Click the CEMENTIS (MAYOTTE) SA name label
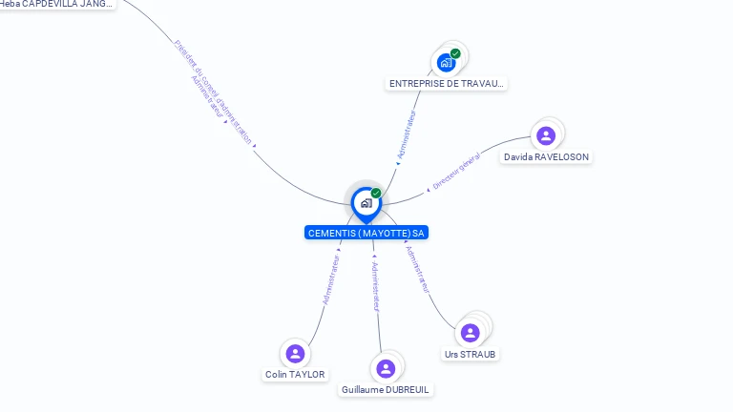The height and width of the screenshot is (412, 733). [366, 233]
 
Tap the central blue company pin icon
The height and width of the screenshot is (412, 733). [366, 203]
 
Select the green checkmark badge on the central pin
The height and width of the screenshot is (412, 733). [376, 194]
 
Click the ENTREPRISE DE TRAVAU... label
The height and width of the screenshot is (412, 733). [446, 84]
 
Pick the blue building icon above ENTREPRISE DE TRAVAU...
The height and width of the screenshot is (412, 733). [446, 63]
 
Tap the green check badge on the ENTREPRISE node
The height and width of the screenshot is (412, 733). [455, 53]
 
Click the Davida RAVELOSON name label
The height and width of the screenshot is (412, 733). [546, 156]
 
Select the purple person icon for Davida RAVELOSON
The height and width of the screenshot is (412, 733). [546, 135]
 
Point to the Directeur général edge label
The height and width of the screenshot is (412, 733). [456, 175]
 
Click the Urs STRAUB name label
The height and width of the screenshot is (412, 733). [470, 354]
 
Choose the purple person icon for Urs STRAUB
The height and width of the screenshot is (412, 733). [470, 333]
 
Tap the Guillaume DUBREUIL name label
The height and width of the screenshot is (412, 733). [386, 389]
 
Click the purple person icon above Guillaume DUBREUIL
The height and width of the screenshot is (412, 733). [386, 368]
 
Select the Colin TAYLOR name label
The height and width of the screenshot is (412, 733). [295, 375]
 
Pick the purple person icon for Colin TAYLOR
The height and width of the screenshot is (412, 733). [295, 354]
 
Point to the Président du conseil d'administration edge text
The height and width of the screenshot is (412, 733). [214, 92]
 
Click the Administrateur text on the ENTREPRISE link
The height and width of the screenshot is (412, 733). [408, 134]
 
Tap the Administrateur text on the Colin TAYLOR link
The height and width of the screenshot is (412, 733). [330, 279]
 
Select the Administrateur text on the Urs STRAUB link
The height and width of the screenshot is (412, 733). [417, 270]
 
